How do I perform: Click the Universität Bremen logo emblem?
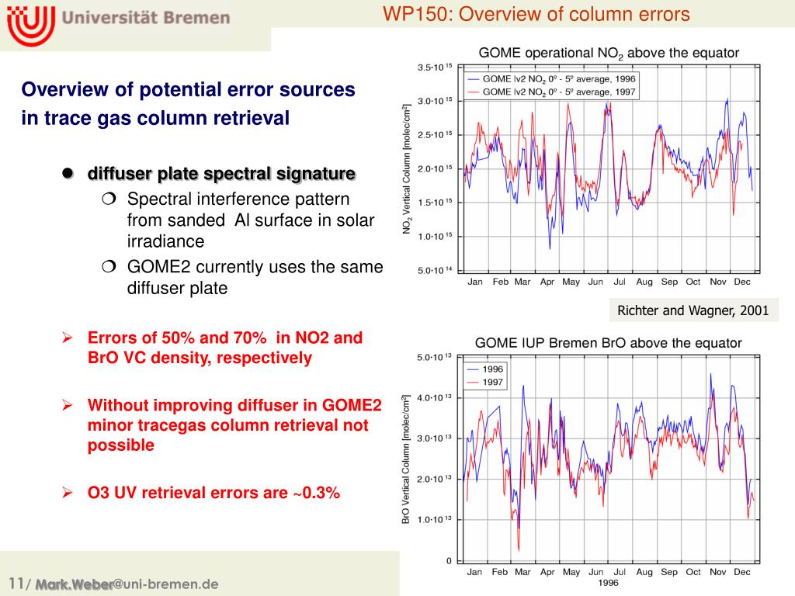click(30, 24)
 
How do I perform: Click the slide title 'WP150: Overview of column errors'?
click(536, 14)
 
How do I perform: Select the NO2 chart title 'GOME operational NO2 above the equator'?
click(609, 53)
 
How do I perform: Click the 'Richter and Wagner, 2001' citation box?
click(693, 311)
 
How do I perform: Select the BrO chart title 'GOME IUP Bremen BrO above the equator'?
click(608, 342)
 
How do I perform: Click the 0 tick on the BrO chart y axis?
click(448, 560)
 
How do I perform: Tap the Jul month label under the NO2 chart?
click(620, 282)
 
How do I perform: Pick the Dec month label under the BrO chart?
click(741, 573)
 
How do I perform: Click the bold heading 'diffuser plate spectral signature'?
click(221, 172)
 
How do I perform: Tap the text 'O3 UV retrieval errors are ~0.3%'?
click(214, 492)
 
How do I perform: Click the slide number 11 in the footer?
click(16, 584)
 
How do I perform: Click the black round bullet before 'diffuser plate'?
click(68, 172)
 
